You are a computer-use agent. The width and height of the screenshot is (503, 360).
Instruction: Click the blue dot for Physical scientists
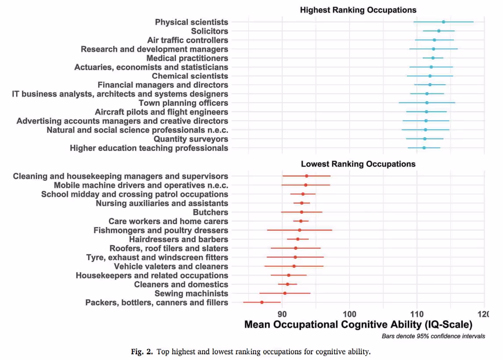coord(443,22)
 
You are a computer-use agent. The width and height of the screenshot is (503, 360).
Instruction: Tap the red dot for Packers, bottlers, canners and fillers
coord(262,302)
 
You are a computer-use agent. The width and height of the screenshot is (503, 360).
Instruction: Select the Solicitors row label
coord(209,31)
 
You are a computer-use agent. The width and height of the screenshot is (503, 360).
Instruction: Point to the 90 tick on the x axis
coord(282,314)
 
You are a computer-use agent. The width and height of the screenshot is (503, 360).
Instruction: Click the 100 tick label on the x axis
coord(350,314)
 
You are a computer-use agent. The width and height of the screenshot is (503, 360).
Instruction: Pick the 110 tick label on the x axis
coord(417,314)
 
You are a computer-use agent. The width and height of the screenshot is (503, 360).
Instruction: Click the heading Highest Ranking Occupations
coord(358,10)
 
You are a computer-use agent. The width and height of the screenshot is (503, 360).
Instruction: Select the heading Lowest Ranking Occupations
coord(358,164)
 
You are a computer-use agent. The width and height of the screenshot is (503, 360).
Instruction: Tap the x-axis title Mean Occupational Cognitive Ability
coord(358,325)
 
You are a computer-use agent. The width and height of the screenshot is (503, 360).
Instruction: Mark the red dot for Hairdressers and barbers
coord(298,239)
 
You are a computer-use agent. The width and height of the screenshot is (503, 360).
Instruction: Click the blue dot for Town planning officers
coord(427,103)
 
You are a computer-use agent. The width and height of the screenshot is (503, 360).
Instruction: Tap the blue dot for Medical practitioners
coord(433,58)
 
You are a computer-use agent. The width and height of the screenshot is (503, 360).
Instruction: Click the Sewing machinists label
coord(191,293)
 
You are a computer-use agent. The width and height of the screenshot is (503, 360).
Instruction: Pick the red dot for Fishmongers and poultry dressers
coord(300,230)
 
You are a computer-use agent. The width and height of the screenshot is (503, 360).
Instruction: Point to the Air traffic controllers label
coord(187,40)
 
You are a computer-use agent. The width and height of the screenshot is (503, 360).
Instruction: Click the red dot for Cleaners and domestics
coord(288,284)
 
